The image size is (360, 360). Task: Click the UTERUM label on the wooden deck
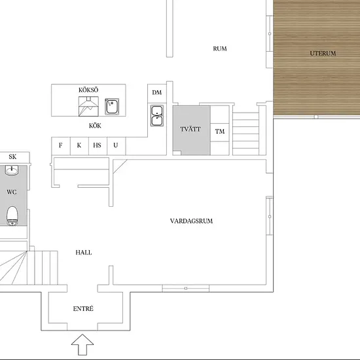pyautogui.click(x=323, y=53)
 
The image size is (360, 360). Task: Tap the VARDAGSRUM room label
pyautogui.click(x=191, y=221)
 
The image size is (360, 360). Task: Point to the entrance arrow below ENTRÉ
pyautogui.click(x=82, y=344)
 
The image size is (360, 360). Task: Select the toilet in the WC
pyautogui.click(x=12, y=216)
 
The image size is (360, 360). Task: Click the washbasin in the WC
pyautogui.click(x=12, y=171)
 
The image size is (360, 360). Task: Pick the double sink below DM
pyautogui.click(x=157, y=116)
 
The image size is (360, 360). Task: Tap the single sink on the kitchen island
pyautogui.click(x=112, y=107)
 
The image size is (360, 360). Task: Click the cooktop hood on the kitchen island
pyautogui.click(x=88, y=106)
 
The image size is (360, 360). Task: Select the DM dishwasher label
pyautogui.click(x=157, y=92)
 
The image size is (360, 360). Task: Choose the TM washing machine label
pyautogui.click(x=220, y=132)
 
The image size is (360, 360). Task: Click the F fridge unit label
pyautogui.click(x=61, y=145)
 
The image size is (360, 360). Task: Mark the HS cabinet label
pyautogui.click(x=97, y=145)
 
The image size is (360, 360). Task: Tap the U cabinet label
pyautogui.click(x=116, y=145)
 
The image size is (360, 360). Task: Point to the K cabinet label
pyautogui.click(x=79, y=145)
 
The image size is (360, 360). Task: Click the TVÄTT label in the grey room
pyautogui.click(x=190, y=129)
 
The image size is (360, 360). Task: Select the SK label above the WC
pyautogui.click(x=12, y=156)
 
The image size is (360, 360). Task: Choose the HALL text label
pyautogui.click(x=84, y=253)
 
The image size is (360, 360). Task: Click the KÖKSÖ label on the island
pyautogui.click(x=88, y=90)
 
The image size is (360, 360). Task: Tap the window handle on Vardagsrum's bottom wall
pyautogui.click(x=186, y=289)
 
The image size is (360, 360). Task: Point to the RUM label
pyautogui.click(x=220, y=48)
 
